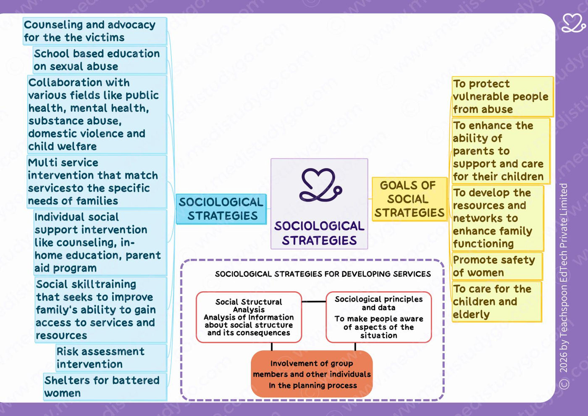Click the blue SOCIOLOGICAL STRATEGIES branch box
[221, 209]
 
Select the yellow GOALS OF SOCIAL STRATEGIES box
[409, 199]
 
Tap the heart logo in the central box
[320, 185]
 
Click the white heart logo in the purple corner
[573, 23]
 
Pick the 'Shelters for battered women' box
[105, 387]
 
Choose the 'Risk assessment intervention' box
[111, 358]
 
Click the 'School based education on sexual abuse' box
[100, 60]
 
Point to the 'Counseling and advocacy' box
[95, 31]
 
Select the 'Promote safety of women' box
[497, 266]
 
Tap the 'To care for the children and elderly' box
[496, 302]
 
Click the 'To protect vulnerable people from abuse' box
[503, 97]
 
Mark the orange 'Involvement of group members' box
[312, 374]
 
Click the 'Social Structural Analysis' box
[249, 317]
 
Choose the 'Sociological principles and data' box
[378, 317]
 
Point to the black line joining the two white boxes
[314, 302]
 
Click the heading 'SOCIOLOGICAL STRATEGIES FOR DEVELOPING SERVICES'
[323, 274]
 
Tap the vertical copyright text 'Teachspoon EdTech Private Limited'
[564, 278]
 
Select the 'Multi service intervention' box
[97, 182]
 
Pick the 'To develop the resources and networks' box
[498, 218]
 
